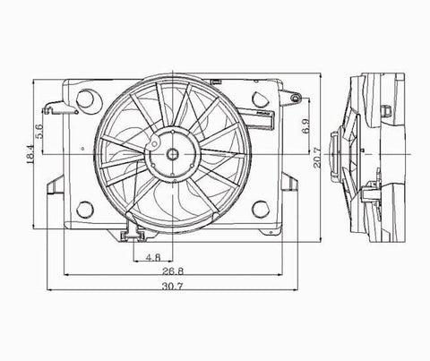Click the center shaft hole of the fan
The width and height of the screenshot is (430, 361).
pos(170,155)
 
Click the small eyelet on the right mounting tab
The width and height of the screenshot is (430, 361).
pos(290,89)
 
